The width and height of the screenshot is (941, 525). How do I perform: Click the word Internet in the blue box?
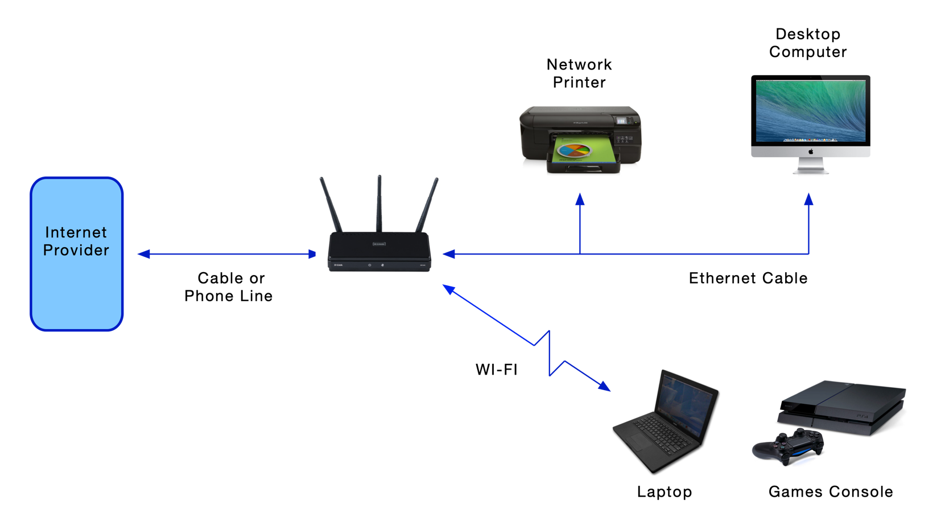coord(76,232)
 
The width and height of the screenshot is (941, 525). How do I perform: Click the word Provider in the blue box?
coord(76,250)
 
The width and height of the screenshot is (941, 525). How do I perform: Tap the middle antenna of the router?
coord(379,202)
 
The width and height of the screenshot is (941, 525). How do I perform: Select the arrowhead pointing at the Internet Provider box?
coord(143,254)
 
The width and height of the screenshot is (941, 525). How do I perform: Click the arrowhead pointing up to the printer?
coord(580,199)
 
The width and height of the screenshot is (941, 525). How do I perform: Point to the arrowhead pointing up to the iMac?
coord(808,199)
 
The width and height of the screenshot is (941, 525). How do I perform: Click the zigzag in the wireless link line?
coord(549,353)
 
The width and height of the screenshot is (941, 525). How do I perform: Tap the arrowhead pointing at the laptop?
coord(604,386)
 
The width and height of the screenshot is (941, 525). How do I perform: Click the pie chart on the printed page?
coord(573,150)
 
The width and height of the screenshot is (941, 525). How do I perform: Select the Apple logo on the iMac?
coord(811,151)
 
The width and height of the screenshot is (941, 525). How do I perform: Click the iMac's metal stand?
coord(811,165)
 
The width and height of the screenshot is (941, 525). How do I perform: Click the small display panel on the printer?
coord(621,121)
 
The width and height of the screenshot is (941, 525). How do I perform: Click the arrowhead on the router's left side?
coord(312,254)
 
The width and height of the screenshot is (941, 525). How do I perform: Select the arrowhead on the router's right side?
coord(449,254)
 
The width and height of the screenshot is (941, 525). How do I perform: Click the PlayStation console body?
coord(842,404)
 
